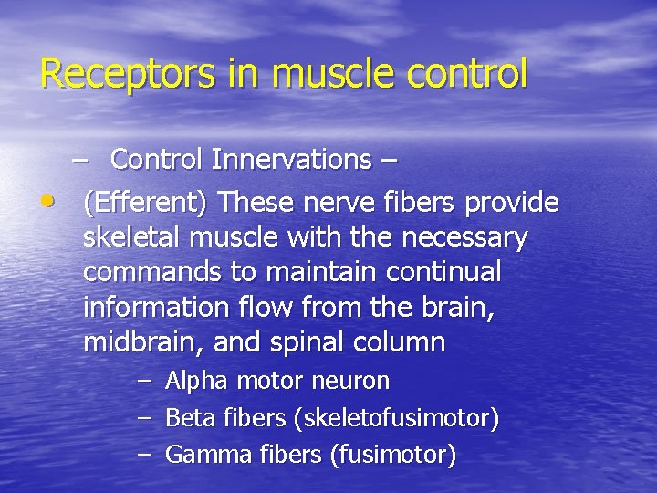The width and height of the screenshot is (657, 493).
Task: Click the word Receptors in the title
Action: [106, 74]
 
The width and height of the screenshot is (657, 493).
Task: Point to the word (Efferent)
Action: [147, 202]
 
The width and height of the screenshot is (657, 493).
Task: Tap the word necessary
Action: [464, 237]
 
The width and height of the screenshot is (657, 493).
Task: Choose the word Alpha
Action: [197, 381]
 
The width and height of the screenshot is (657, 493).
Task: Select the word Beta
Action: [189, 418]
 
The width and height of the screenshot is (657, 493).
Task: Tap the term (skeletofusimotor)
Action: [396, 418]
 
